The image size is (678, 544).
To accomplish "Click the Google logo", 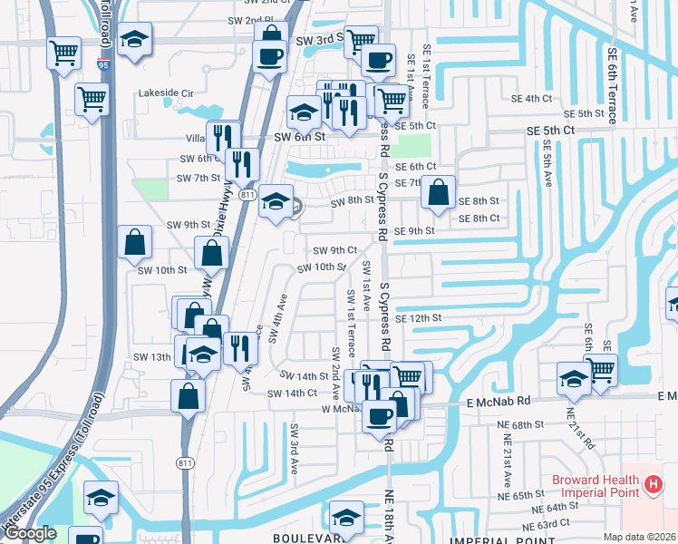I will (30, 534).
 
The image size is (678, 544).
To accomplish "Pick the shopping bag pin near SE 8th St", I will (438, 192).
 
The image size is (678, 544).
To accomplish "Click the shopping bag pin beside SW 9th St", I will (134, 242).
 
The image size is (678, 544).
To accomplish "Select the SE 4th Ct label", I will (531, 98).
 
